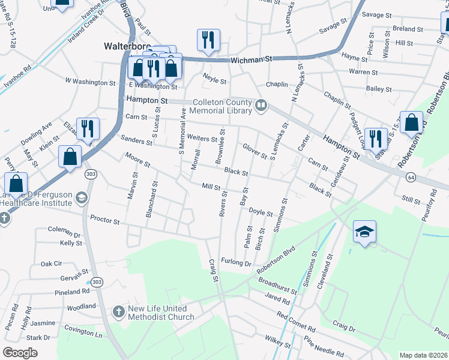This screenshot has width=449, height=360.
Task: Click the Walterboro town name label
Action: pyautogui.click(x=126, y=46)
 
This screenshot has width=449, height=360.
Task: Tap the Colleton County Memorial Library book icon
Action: pyautogui.click(x=261, y=106)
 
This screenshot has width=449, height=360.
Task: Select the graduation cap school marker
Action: pyautogui.click(x=364, y=232)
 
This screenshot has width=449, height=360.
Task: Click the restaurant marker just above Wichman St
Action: pyautogui.click(x=208, y=40)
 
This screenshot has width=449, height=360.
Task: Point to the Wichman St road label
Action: pyautogui.click(x=252, y=59)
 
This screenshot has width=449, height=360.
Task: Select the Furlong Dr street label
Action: pyautogui.click(x=236, y=263)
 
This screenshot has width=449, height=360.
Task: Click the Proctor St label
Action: pyautogui.click(x=104, y=220)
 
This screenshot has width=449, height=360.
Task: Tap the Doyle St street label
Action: pyautogui.click(x=261, y=212)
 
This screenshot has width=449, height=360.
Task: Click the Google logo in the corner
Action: pyautogui.click(x=20, y=353)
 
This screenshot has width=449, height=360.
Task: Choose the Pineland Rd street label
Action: pyautogui.click(x=71, y=292)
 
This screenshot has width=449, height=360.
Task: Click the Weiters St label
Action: pyautogui.click(x=202, y=139)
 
